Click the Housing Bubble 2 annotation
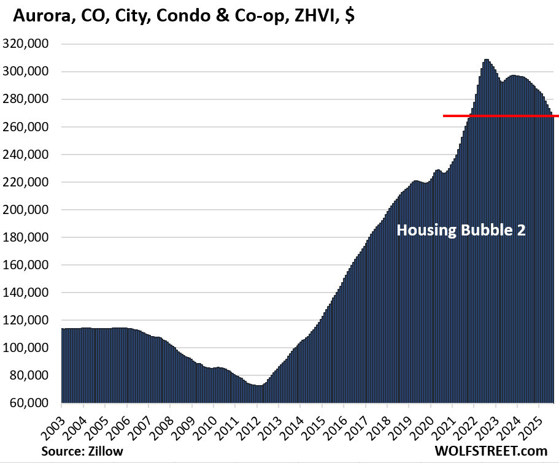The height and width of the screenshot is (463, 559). click(x=461, y=231)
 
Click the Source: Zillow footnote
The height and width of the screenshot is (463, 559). click(x=82, y=451)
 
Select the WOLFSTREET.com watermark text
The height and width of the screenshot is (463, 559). click(x=502, y=451)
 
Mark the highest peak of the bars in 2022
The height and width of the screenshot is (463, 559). click(x=486, y=60)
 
